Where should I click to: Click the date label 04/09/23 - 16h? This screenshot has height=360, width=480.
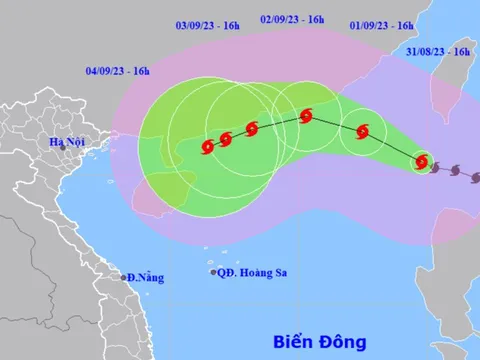[x=118, y=71]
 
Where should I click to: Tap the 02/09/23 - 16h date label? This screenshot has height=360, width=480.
[x=292, y=19]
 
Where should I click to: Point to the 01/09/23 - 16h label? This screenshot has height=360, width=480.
[x=383, y=25]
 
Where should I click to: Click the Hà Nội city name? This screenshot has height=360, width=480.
[x=67, y=142]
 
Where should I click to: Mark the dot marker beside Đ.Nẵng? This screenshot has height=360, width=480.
[x=124, y=277]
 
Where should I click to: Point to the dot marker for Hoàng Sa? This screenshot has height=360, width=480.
[x=213, y=271]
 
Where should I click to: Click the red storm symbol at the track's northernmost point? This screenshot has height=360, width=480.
[x=306, y=116]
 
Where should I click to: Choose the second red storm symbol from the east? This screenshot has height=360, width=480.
[x=362, y=131]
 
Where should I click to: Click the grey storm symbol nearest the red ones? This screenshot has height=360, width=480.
[x=437, y=167]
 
